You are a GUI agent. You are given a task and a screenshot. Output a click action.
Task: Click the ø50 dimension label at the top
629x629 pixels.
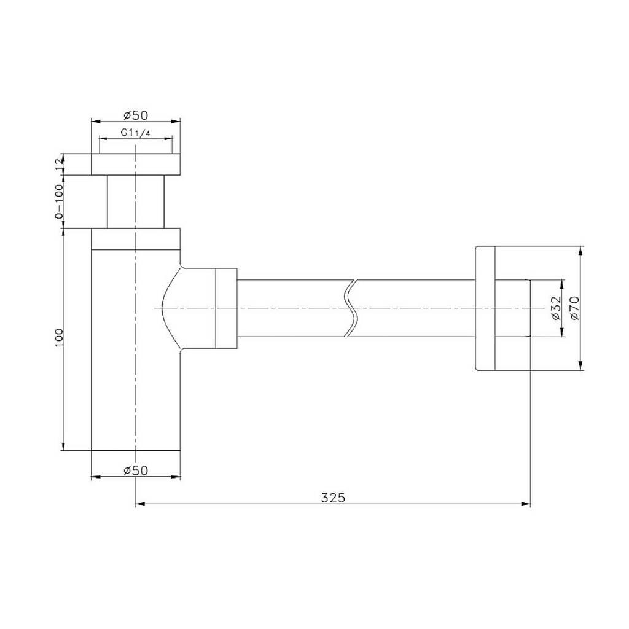(136, 115)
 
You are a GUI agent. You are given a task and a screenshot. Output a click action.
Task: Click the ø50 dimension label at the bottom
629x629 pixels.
(136, 470)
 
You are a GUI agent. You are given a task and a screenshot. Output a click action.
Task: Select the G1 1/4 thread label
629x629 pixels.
(136, 133)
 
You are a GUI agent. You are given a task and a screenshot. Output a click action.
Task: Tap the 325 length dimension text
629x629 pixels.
(333, 498)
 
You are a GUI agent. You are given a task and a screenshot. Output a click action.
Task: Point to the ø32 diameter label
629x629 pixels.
(555, 308)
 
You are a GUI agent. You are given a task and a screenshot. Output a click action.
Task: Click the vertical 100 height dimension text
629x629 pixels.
(59, 338)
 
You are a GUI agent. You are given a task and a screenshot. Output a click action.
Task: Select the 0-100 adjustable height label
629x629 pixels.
(59, 201)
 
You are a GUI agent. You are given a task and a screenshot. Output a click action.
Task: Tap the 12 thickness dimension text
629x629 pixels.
(59, 164)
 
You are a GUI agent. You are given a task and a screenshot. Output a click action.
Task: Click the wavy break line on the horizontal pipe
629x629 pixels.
(350, 308)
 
